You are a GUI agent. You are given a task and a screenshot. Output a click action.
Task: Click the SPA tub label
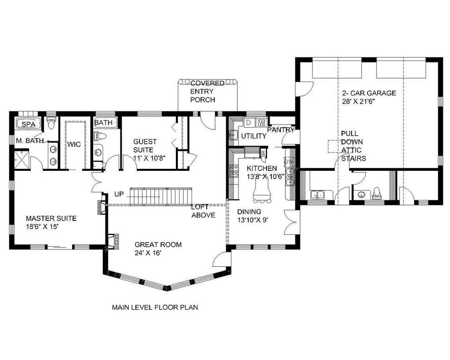click(x=29, y=124)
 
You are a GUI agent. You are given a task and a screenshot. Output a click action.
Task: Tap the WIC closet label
click(x=74, y=145)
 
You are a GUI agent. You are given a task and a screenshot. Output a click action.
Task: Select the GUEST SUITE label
click(x=145, y=145)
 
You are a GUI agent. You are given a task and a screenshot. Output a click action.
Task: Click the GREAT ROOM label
click(x=158, y=245)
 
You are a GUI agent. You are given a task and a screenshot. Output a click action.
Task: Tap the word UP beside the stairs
click(x=119, y=194)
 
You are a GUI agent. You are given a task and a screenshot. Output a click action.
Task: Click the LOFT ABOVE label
click(x=203, y=211)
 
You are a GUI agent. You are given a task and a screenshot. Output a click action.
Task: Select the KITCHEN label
click(x=262, y=168)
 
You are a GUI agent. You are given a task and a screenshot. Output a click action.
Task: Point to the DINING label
click(x=249, y=212)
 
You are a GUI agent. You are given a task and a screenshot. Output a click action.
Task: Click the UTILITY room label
click(x=254, y=136)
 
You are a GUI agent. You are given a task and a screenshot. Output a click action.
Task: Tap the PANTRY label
click(x=281, y=130)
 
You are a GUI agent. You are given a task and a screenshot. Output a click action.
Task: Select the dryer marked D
click(x=249, y=122)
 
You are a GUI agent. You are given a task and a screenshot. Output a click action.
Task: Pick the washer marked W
click(x=261, y=123)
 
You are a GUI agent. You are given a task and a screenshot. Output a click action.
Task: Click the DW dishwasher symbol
click(x=289, y=162)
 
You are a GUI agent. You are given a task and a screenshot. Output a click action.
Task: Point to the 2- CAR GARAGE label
click(x=369, y=93)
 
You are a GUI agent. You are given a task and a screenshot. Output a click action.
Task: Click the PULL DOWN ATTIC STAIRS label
click(x=354, y=146)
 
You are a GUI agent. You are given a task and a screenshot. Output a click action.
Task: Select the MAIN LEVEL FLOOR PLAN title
click(x=155, y=307)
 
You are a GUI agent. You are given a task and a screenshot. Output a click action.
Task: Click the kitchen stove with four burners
click(x=234, y=170)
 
